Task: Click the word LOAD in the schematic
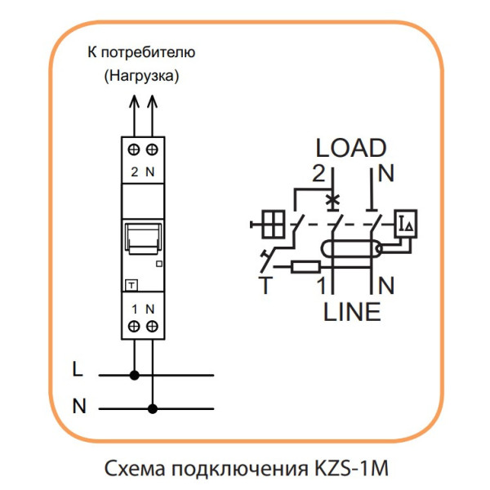tap(351, 148)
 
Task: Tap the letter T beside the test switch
tap(265, 285)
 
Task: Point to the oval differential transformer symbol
tap(352, 249)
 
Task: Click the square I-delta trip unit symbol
tap(406, 221)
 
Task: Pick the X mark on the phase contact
tap(332, 198)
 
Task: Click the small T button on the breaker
tap(131, 284)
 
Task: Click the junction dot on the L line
tap(135, 375)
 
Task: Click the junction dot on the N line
tap(152, 406)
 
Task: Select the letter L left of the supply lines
tap(78, 369)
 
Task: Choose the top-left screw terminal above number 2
tap(135, 150)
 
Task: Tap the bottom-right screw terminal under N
tap(152, 326)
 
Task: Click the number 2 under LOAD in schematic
tap(318, 173)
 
